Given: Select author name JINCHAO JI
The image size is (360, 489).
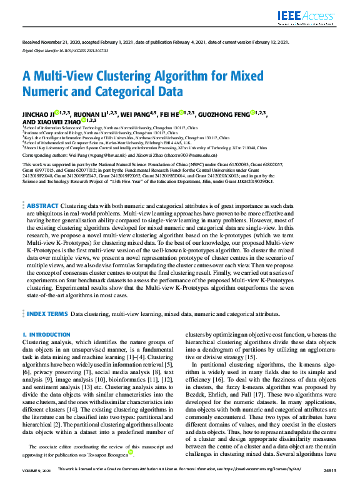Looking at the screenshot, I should [x=37, y=114].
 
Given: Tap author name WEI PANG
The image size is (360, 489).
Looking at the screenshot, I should [x=134, y=114].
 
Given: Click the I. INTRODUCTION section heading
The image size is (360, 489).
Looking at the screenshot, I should [x=46, y=335].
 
